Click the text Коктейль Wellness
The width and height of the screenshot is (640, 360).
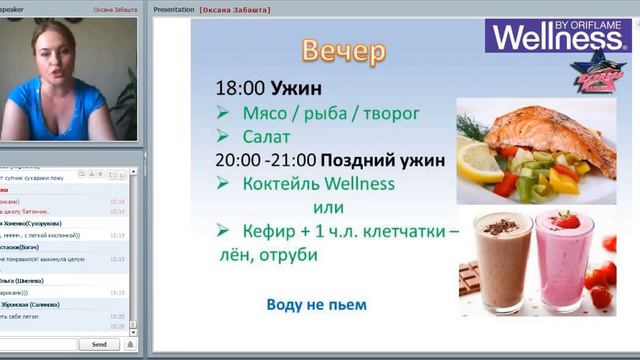[318, 183]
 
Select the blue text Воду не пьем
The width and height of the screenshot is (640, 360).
[316, 304]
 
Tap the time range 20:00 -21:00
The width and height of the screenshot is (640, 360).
[265, 159]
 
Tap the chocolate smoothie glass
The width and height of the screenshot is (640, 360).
[503, 262]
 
